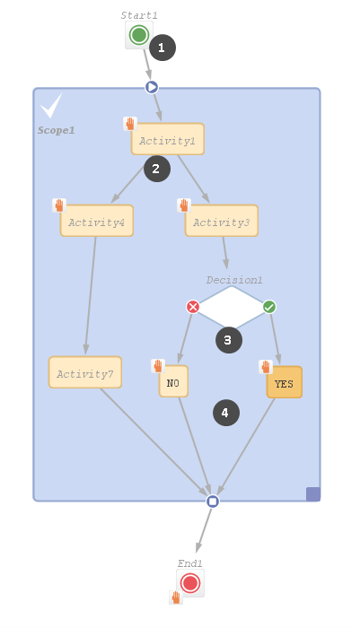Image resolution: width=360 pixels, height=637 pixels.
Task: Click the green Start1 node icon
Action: [139, 35]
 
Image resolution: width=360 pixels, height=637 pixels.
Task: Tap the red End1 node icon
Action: [190, 583]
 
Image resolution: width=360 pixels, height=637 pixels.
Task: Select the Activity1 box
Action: [167, 139]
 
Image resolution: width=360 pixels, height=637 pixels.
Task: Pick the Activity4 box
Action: [97, 220]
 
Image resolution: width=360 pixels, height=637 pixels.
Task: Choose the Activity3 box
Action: [222, 220]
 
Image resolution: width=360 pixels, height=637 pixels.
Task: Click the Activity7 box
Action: [85, 372]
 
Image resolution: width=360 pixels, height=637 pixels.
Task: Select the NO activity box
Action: [173, 381]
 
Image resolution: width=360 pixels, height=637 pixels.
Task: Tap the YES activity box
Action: [285, 382]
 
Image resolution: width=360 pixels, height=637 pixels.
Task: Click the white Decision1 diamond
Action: [232, 307]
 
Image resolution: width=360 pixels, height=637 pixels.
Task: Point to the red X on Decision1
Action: [193, 307]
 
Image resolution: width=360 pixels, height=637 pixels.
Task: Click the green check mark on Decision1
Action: [269, 307]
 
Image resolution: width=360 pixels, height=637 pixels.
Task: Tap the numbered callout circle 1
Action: [162, 48]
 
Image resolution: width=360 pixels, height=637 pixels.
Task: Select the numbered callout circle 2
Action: [157, 169]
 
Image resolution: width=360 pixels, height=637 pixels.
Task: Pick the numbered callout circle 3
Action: [229, 340]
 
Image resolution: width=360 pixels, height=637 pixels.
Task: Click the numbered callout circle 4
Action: [226, 413]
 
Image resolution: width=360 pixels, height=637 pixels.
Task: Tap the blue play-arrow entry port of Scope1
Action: [152, 87]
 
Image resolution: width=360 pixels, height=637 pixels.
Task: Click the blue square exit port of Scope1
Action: [213, 502]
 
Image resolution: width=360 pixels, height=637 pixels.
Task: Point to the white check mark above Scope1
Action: [51, 106]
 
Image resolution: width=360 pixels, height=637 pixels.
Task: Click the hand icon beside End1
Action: [176, 598]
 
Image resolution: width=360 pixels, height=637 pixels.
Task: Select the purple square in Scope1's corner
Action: [313, 494]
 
